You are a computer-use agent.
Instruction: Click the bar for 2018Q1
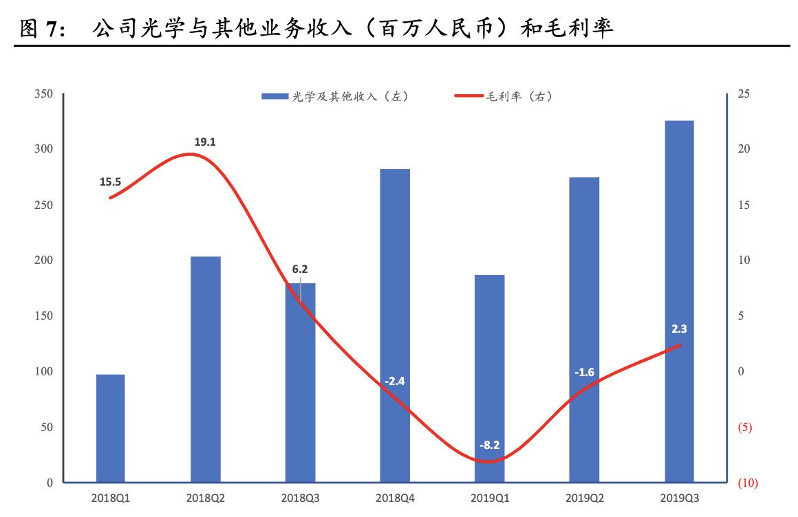tap(111, 428)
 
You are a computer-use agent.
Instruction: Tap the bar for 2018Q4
tap(395, 326)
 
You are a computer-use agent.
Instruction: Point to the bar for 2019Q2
tap(584, 330)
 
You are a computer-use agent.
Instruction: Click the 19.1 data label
tap(205, 142)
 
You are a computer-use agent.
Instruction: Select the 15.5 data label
tap(110, 182)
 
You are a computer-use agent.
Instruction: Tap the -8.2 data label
tap(489, 445)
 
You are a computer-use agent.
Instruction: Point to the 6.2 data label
tap(299, 269)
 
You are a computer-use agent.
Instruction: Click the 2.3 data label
tap(679, 329)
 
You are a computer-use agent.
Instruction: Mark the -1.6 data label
tap(584, 373)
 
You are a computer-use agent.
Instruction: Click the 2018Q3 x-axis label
tap(299, 498)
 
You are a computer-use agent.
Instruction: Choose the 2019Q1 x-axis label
tap(489, 498)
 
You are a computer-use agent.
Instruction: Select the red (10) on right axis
tap(747, 483)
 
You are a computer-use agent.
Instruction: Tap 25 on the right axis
tap(744, 94)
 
